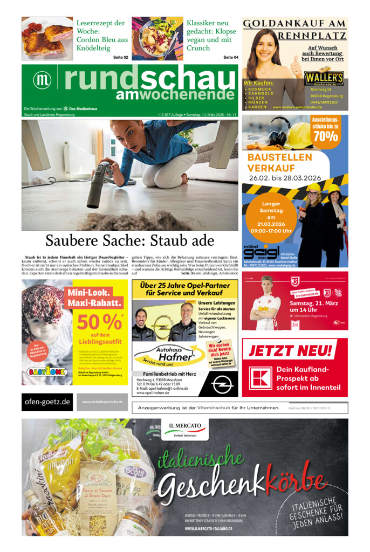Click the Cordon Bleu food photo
[47, 38]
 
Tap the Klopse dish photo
[157, 38]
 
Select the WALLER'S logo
[324, 78]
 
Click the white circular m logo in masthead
[42, 80]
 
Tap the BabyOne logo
[47, 371]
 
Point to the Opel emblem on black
[222, 384]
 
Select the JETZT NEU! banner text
[292, 350]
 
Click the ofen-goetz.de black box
[47, 402]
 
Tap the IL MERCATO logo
[184, 430]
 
